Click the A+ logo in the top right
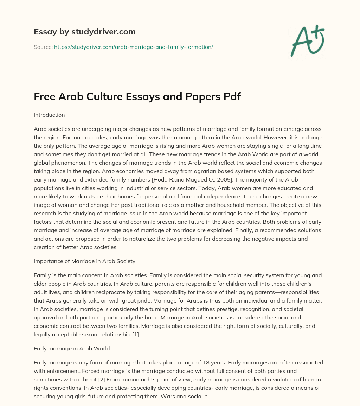(307, 40)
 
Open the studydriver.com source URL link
(134, 47)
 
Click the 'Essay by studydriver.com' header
(85, 32)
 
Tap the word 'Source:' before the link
(43, 47)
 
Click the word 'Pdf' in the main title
(231, 97)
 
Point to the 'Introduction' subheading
(49, 115)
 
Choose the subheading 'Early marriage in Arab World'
(72, 348)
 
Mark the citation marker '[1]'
(135, 334)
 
